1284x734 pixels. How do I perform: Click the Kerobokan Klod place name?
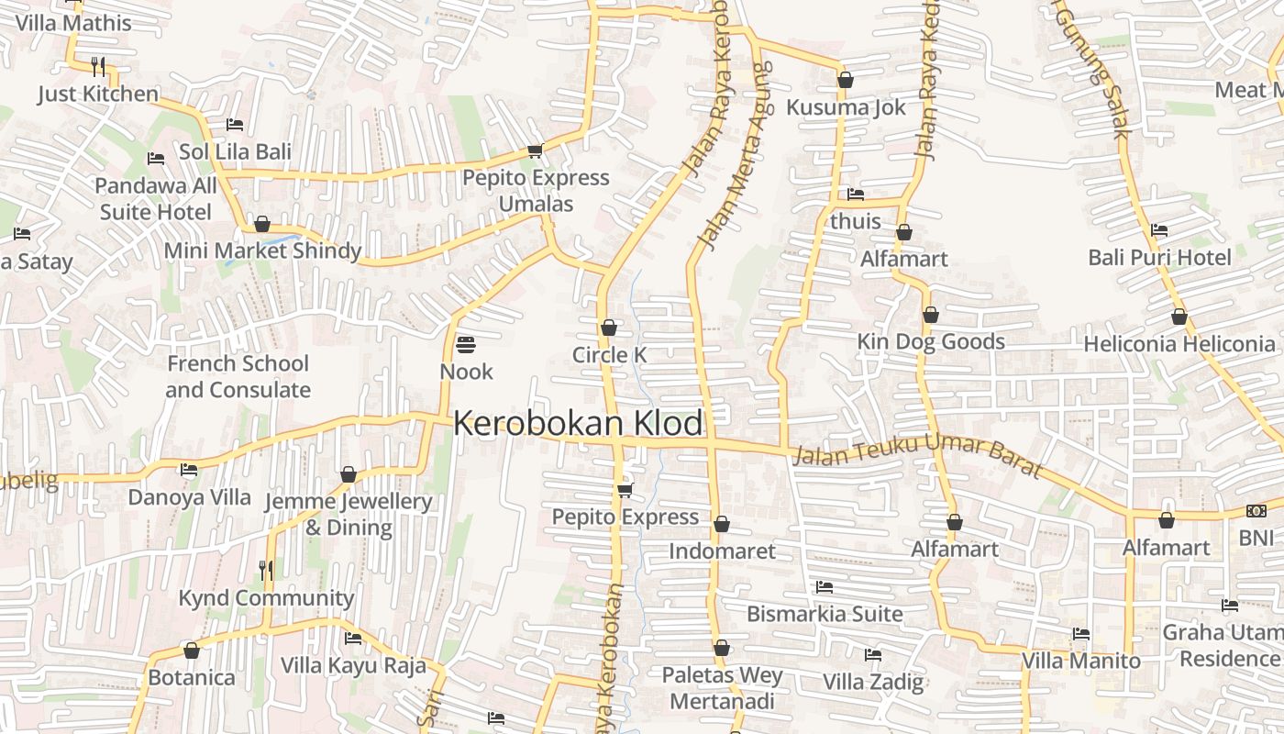578,424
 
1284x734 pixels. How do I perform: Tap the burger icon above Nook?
466,345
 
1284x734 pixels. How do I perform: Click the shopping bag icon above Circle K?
608,328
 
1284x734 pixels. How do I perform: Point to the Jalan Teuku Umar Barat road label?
917,456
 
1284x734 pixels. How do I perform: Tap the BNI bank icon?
1256,511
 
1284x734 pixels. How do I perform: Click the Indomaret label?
722,551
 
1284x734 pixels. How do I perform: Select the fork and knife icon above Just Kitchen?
98,66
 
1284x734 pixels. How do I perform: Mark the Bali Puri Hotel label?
1159,258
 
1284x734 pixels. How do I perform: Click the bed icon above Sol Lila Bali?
235,125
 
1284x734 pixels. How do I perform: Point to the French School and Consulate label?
238,376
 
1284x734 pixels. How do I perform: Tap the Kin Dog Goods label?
930,342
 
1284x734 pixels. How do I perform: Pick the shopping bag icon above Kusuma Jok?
846,81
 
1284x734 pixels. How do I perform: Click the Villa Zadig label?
872,682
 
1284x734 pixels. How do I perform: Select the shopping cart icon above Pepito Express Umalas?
535,150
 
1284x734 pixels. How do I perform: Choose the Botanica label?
192,678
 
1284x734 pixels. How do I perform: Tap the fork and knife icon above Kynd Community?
265,571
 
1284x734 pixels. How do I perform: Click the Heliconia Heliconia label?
1179,344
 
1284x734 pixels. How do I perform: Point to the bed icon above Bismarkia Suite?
825,587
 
